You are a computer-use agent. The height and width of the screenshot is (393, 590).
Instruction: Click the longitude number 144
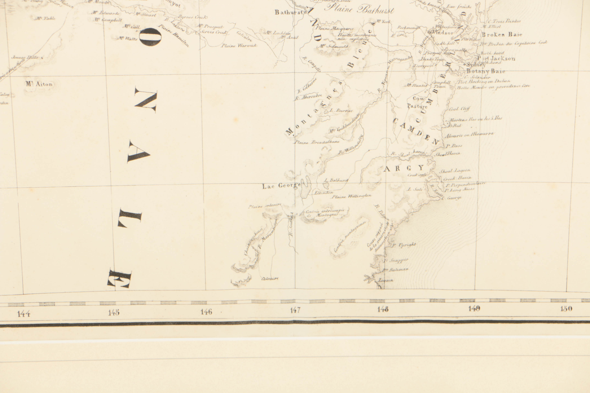click(24, 313)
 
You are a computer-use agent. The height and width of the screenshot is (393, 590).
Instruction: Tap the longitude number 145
click(114, 313)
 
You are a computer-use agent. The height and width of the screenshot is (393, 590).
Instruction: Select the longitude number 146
click(206, 312)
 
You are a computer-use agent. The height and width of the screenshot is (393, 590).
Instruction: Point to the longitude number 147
click(295, 310)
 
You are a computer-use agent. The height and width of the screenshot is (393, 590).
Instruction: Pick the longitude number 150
click(566, 308)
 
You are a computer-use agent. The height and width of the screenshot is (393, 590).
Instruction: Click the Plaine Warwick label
click(239, 46)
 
